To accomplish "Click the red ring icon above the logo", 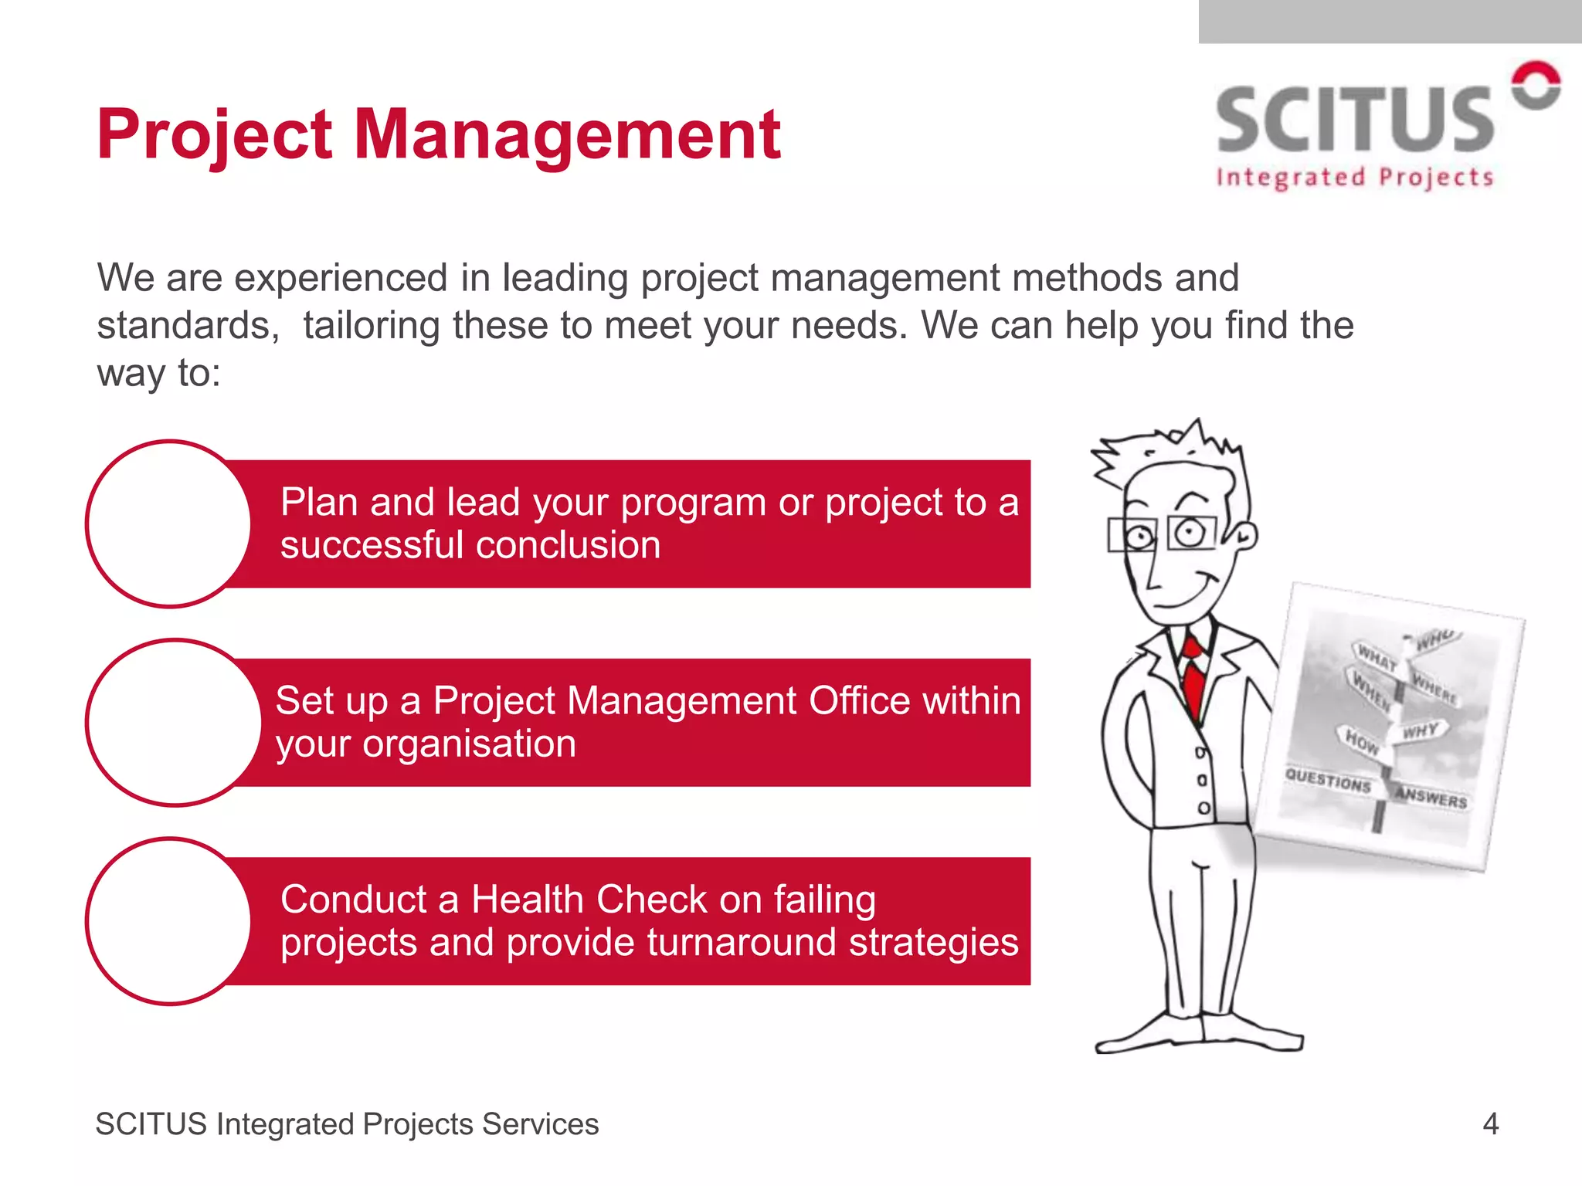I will click(1536, 85).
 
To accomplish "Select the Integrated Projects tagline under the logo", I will click(1354, 178).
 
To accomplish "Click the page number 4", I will click(1490, 1123).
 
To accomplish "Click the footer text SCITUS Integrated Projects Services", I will click(347, 1124).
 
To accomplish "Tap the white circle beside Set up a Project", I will click(174, 723).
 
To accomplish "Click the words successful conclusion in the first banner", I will click(470, 545).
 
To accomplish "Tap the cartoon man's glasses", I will click(1163, 534).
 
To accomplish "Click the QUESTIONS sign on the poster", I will click(1328, 780).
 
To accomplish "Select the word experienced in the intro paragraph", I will click(341, 278).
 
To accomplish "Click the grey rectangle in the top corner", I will click(1389, 21).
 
